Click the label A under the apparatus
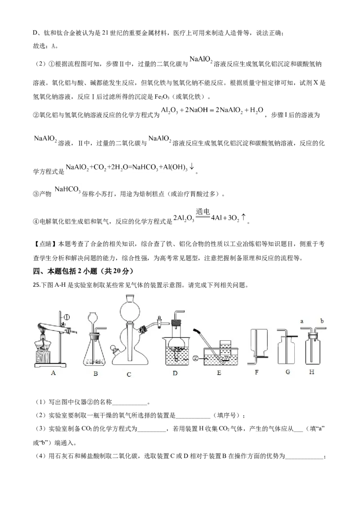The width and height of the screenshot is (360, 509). [54, 372]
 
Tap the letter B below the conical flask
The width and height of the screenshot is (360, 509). [95, 373]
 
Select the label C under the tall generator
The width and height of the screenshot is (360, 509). [129, 374]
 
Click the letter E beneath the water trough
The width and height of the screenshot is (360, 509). [219, 373]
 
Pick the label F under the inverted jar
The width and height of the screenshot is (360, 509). [257, 372]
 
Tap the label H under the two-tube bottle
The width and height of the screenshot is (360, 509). [312, 372]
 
